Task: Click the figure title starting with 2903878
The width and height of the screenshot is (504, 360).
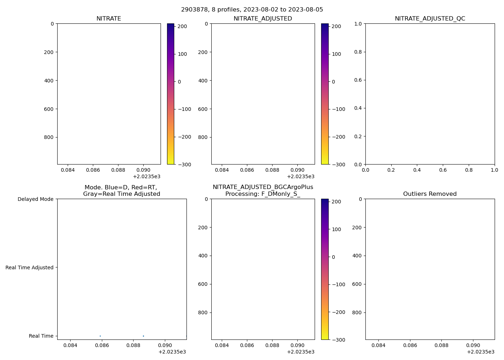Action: click(252, 10)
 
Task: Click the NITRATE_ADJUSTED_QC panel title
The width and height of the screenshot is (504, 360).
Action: click(430, 19)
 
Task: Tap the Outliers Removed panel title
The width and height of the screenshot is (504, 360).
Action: click(430, 194)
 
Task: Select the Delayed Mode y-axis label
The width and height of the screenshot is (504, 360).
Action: click(35, 199)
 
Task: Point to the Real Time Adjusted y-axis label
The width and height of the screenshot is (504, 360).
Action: click(30, 267)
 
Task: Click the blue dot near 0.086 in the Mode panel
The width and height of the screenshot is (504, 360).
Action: click(100, 336)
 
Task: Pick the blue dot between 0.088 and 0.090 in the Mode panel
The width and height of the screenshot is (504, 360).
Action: click(143, 336)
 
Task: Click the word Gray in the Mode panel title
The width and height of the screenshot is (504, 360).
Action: click(90, 194)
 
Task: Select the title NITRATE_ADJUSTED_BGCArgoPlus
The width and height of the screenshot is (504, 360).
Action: click(263, 187)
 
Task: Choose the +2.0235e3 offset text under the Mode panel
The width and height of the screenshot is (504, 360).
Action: click(172, 352)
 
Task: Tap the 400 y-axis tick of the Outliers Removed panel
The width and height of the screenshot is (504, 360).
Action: click(357, 256)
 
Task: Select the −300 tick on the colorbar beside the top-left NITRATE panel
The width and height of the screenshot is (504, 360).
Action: click(184, 165)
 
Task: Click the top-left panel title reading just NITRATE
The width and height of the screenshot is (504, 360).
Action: click(109, 19)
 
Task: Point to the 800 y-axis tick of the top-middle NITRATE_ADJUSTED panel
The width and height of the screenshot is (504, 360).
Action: click(203, 137)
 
